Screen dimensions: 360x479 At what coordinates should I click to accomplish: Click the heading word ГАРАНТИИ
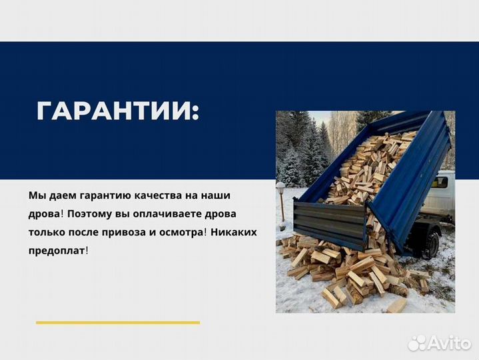pos(117,111)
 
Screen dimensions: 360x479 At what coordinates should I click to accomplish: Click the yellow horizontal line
pos(117,323)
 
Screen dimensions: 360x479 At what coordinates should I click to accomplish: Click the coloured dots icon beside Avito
pos(418,343)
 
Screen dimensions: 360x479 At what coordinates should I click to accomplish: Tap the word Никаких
pos(235,233)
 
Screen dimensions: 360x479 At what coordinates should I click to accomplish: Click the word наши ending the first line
pos(221,196)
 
